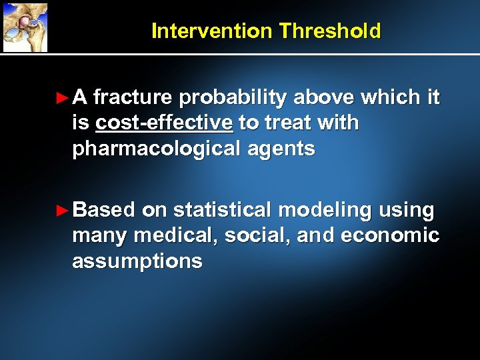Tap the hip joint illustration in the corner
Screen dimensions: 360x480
point(25,27)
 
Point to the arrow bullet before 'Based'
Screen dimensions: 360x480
point(62,211)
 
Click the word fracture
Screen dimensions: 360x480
point(133,99)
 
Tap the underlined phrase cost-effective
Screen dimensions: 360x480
point(165,123)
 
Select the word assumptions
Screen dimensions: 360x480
point(137,261)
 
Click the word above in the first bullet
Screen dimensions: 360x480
point(323,99)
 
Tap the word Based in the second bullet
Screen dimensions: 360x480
point(105,211)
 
